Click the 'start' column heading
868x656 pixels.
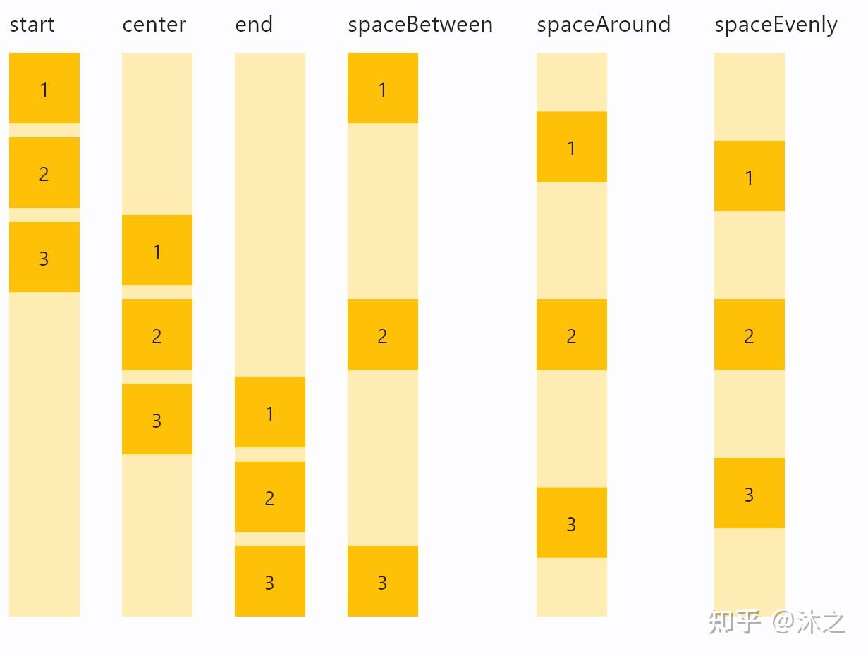point(32,25)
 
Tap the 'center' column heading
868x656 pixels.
point(154,25)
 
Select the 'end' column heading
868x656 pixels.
point(254,24)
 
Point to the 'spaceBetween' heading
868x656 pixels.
point(420,25)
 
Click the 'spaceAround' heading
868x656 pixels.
point(604,25)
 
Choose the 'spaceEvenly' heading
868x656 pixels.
point(776,25)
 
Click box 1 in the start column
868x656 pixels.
point(44,88)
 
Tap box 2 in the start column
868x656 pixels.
point(44,173)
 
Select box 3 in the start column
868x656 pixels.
point(44,257)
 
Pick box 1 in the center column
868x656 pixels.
point(157,250)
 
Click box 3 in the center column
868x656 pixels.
point(157,419)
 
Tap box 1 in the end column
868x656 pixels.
point(270,412)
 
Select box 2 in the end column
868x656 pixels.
point(270,497)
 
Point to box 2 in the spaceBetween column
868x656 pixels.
point(383,335)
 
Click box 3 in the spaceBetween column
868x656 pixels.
point(383,581)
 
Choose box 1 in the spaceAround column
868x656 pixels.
point(572,147)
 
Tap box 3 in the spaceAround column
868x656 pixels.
point(572,523)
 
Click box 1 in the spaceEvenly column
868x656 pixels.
point(750,176)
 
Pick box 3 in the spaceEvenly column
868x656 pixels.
point(750,493)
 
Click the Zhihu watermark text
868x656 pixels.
point(777,622)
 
